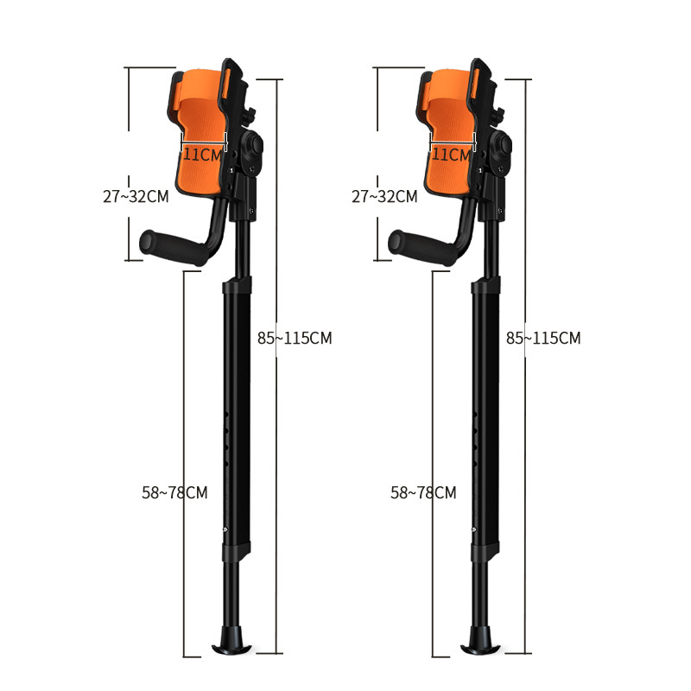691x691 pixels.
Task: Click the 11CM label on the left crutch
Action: point(202,155)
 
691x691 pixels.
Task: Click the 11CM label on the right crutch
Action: point(451,155)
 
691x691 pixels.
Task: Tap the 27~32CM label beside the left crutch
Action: point(136,197)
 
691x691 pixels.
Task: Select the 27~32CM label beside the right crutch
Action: point(384,197)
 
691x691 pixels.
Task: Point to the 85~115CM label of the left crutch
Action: point(295,338)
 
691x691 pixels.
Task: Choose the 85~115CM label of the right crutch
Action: point(543,338)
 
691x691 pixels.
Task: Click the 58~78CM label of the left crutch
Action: point(174,492)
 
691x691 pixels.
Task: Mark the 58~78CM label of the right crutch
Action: point(423,492)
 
